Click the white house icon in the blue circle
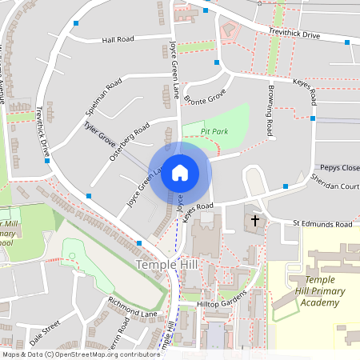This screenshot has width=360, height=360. [180, 173]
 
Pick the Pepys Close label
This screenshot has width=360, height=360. [340, 167]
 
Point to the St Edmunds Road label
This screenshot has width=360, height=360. [322, 225]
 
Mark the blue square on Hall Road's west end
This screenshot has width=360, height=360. [76, 24]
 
